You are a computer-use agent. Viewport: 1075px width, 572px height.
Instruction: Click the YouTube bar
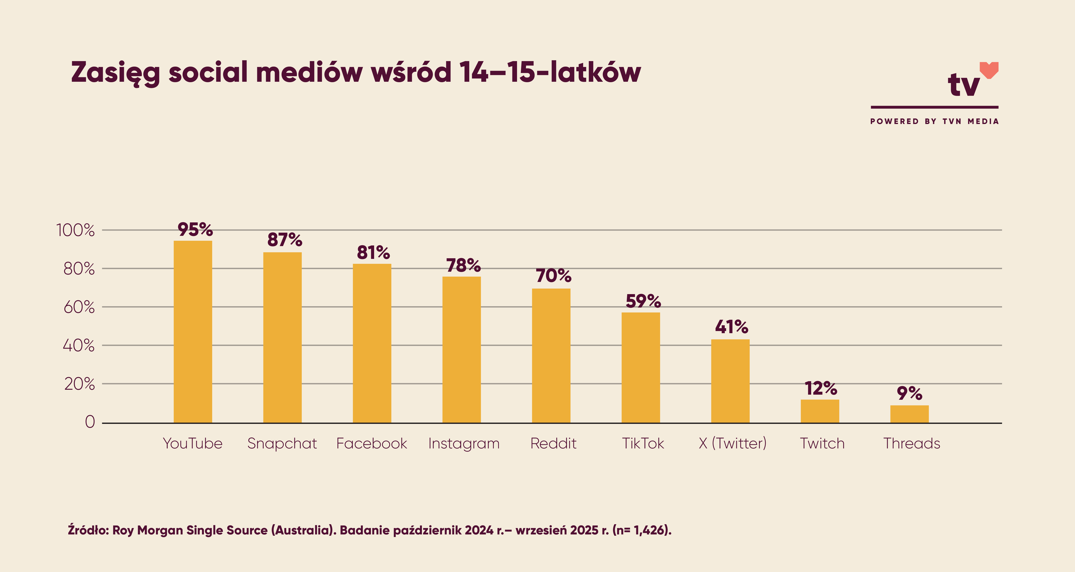(193, 332)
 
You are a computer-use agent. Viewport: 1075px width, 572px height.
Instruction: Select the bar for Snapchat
(283, 337)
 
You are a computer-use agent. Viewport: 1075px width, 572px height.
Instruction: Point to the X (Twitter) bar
(730, 381)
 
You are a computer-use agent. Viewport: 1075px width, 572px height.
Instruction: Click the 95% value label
(195, 230)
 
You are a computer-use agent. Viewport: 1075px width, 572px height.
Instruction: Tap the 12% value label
(821, 389)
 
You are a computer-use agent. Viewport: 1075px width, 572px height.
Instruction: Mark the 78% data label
(463, 266)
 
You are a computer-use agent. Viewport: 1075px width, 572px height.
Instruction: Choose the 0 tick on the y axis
(90, 422)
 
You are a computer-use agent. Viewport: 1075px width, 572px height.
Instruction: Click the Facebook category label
(371, 443)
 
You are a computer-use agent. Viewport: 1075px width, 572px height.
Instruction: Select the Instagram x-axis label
(464, 443)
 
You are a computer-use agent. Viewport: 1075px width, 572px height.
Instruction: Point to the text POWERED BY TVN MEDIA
(934, 121)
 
